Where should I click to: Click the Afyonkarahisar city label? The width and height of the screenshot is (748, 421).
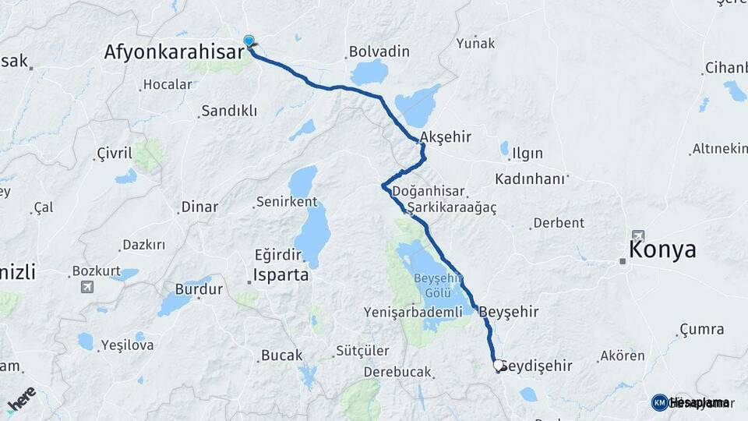175,52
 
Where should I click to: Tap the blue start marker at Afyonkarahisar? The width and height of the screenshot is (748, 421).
249,41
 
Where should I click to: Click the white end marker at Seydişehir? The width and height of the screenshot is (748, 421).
499,365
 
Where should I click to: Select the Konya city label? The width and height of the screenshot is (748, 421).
662,249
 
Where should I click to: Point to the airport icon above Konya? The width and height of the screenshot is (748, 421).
638,235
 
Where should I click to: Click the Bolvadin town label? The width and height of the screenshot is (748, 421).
379,51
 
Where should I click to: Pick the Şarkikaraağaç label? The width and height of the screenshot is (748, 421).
451,208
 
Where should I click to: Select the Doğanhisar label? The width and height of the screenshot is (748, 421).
429,191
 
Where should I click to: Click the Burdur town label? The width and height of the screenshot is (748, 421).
199,289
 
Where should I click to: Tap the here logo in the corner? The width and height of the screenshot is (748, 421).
21,398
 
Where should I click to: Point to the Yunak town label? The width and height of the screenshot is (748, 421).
475,43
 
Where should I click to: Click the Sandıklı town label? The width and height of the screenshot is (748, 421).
228,111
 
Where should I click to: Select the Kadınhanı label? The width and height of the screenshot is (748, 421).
529,179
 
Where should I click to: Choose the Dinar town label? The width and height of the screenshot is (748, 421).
199,207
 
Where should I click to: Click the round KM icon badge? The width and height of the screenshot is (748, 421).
659,402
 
